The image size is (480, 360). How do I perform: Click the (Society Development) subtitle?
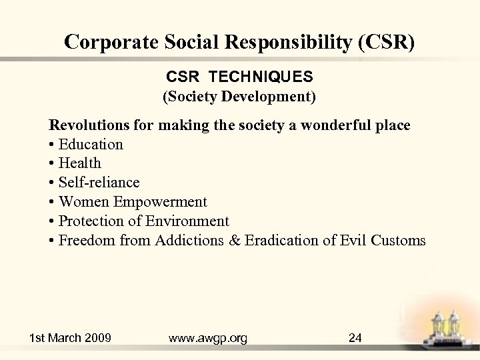(x=239, y=97)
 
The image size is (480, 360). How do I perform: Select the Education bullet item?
(x=91, y=144)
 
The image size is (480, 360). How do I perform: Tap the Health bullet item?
(x=79, y=163)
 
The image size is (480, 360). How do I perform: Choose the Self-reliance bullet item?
(x=99, y=183)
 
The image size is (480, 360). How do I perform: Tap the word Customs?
(x=398, y=241)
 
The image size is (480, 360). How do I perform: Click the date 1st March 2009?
(x=70, y=338)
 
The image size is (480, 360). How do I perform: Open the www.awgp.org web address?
(x=208, y=338)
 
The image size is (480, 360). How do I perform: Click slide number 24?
(x=355, y=338)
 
